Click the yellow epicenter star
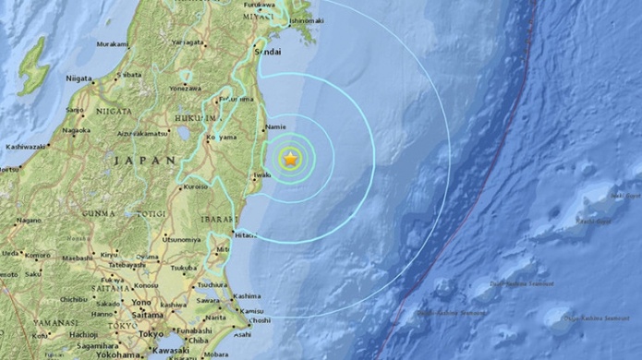[x=291, y=159]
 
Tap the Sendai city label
[x=267, y=53]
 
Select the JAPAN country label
[x=145, y=161]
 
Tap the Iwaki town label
[x=262, y=173]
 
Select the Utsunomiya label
[x=181, y=238]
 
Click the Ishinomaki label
[x=307, y=19]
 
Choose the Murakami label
[x=112, y=43]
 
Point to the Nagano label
[x=29, y=220]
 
